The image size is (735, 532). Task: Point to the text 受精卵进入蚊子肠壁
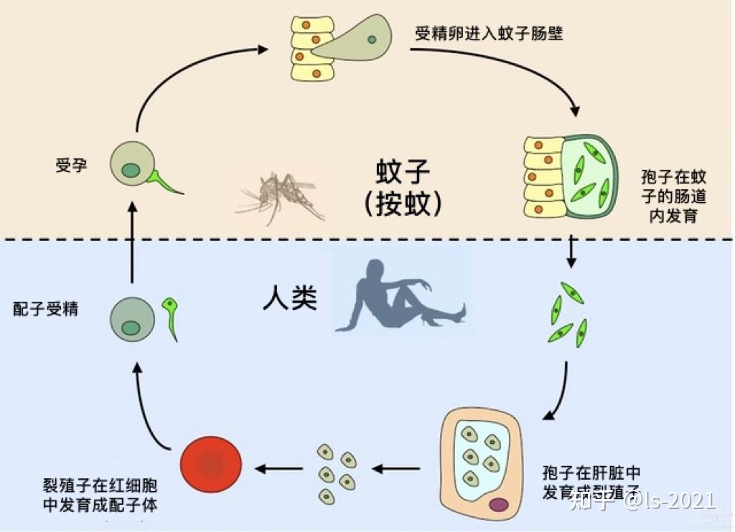(488, 33)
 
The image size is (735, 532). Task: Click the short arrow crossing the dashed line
(571, 250)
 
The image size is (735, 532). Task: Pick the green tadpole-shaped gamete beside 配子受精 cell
(171, 317)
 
